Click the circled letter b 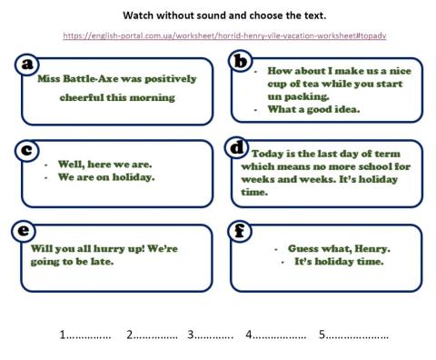[x=240, y=61]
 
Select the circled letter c [x=27, y=149]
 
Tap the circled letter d [x=238, y=147]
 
